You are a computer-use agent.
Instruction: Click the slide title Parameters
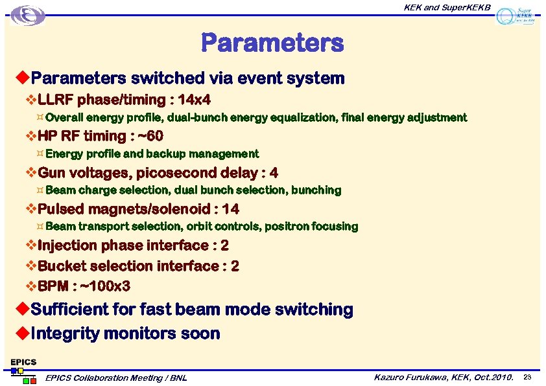click(272, 43)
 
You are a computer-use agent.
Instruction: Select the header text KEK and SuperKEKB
click(447, 8)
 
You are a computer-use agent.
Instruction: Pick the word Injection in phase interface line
click(68, 245)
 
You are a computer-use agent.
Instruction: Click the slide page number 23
click(527, 377)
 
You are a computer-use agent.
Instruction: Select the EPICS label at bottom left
click(23, 362)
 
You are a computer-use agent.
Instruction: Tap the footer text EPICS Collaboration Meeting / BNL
click(116, 378)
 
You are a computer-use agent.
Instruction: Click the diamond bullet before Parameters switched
click(21, 78)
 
